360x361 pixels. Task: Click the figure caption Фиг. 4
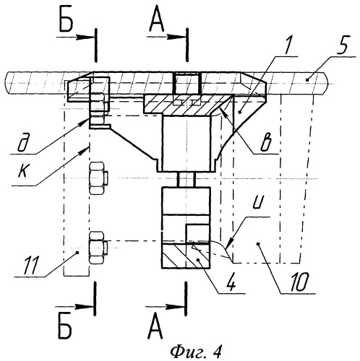pos(196,352)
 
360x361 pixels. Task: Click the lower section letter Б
pos(65,329)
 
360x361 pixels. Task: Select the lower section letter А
pos(155,329)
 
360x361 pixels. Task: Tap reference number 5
pos(343,45)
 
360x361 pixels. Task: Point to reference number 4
pos(231,283)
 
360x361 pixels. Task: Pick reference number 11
pos(32,266)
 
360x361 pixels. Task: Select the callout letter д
pos(23,144)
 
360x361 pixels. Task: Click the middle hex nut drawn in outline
pos(98,178)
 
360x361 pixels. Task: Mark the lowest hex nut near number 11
pos(98,248)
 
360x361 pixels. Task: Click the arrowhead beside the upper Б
pos(85,37)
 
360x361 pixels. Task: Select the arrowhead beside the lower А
pos(175,307)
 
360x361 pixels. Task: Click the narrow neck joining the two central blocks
pos(186,180)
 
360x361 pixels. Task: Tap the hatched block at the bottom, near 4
pos(186,256)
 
